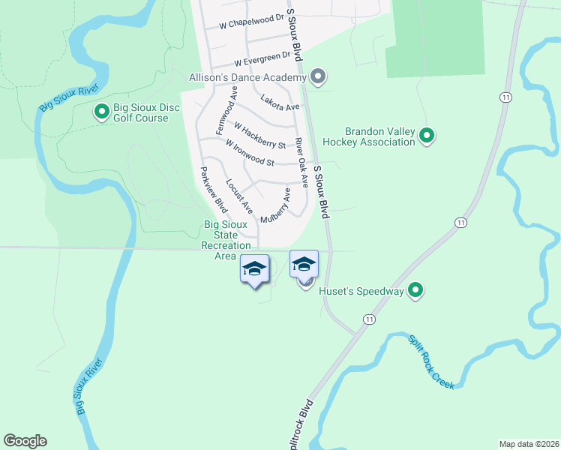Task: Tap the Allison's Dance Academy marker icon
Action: pyautogui.click(x=318, y=76)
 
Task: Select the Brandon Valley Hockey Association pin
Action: pyautogui.click(x=427, y=136)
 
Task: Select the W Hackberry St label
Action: pyautogui.click(x=259, y=136)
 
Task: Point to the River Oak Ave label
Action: pyautogui.click(x=301, y=163)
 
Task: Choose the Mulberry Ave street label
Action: pyautogui.click(x=275, y=207)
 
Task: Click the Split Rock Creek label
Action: pyautogui.click(x=431, y=361)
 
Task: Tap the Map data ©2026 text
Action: pyautogui.click(x=529, y=443)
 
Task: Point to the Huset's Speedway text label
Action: pyautogui.click(x=361, y=291)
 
